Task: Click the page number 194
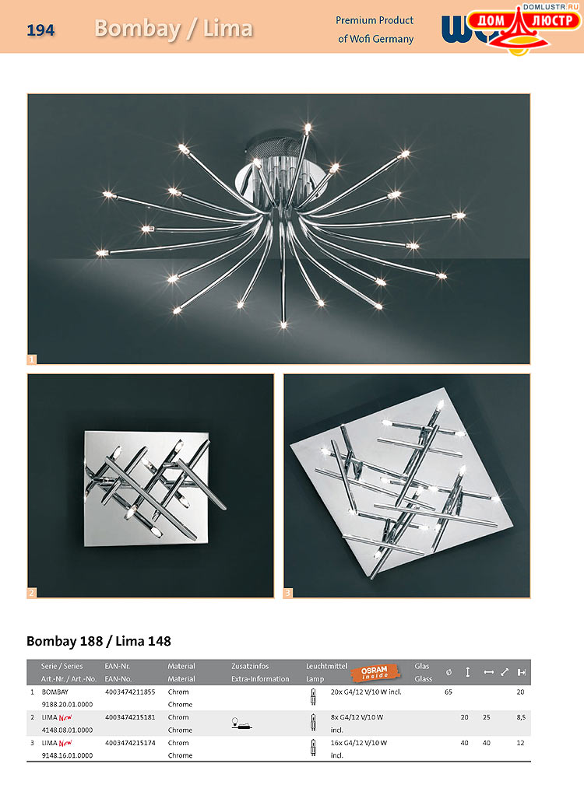(x=40, y=30)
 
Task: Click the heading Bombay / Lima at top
(x=174, y=29)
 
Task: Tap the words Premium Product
(x=375, y=20)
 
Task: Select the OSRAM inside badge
(x=375, y=672)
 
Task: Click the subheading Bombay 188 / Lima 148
(x=99, y=641)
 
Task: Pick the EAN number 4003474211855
(x=130, y=692)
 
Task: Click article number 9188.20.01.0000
(x=67, y=705)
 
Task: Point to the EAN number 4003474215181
(x=130, y=717)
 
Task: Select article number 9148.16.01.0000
(x=67, y=755)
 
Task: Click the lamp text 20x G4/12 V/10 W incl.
(x=366, y=692)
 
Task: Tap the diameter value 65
(x=449, y=692)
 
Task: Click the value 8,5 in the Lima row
(x=521, y=717)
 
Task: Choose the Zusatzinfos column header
(x=250, y=666)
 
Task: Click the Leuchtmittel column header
(x=326, y=666)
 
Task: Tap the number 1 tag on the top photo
(x=32, y=359)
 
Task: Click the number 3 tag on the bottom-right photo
(x=288, y=593)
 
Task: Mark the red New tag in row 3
(x=65, y=743)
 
